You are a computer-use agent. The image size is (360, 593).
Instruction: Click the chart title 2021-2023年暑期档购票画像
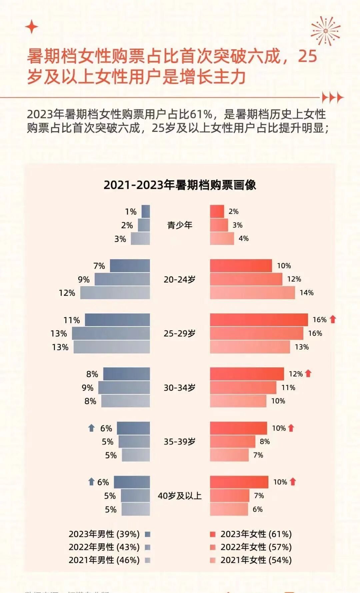click(x=180, y=185)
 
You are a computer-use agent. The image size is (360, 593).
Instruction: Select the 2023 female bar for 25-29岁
click(x=259, y=320)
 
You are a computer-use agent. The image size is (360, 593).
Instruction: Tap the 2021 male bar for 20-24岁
click(x=115, y=293)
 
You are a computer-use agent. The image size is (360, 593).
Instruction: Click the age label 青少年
click(x=180, y=225)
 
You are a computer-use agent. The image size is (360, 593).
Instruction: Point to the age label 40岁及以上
click(x=180, y=496)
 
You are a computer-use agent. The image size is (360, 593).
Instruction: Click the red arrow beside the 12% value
click(x=308, y=373)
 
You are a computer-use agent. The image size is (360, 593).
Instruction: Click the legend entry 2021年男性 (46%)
click(x=104, y=560)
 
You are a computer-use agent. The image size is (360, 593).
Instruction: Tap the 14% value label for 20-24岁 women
click(x=306, y=293)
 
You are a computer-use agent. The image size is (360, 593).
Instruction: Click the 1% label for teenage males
click(x=131, y=212)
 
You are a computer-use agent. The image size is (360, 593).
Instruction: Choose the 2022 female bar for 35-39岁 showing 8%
click(x=232, y=442)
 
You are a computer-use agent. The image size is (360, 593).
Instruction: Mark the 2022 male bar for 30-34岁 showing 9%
click(x=124, y=387)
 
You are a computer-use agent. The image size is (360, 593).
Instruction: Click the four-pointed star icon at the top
click(x=32, y=27)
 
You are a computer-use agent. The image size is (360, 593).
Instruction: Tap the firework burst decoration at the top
click(x=325, y=31)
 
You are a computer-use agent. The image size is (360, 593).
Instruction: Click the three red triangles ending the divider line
click(x=332, y=98)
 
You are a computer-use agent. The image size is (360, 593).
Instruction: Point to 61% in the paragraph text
click(x=201, y=114)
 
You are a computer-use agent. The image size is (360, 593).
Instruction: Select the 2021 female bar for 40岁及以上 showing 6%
click(x=229, y=509)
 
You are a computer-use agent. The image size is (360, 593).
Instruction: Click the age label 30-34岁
click(x=180, y=388)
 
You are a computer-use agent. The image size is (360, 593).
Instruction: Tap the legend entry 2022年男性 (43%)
click(x=104, y=547)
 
